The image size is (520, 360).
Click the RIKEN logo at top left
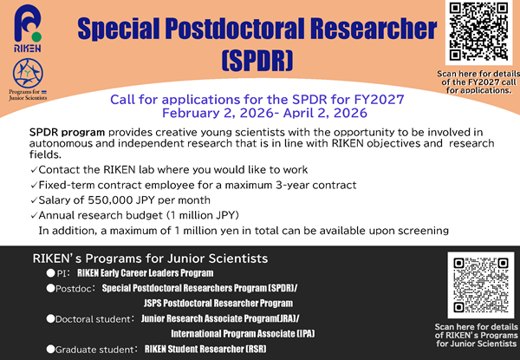click(25, 36)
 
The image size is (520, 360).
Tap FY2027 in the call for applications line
click(371, 99)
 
